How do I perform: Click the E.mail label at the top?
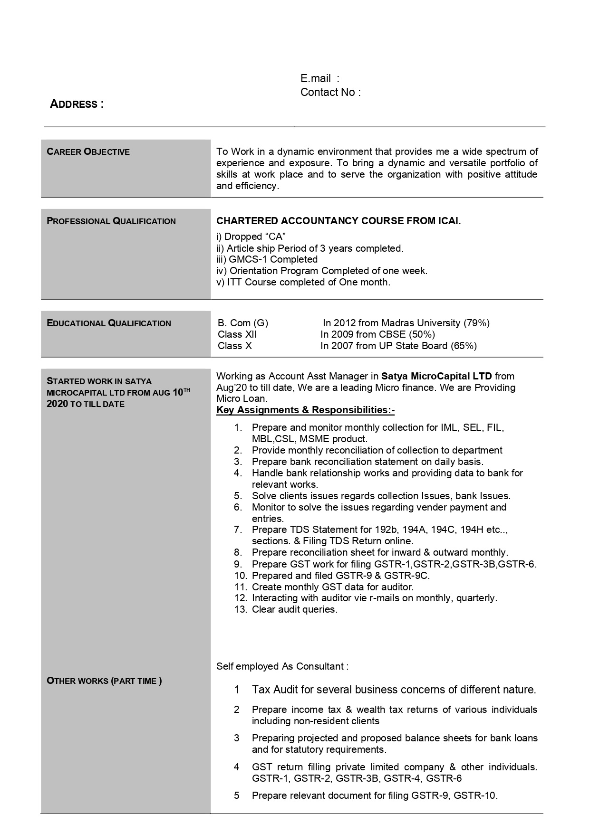[x=316, y=79]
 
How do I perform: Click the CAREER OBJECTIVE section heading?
[x=88, y=152]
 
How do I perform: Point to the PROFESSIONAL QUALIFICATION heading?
[x=111, y=221]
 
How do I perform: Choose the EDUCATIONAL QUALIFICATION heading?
[x=109, y=323]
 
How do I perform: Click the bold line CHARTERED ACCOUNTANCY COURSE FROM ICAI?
[x=339, y=221]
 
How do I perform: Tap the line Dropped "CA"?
[x=251, y=237]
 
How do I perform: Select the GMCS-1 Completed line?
[x=267, y=259]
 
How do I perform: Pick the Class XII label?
[x=237, y=334]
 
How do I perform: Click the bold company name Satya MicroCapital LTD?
[x=436, y=376]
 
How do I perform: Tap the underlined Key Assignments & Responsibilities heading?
[x=305, y=410]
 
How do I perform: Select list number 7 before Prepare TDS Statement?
[x=238, y=530]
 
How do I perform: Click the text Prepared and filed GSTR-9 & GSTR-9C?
[x=340, y=575]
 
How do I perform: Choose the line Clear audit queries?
[x=295, y=609]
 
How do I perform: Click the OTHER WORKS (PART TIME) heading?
[x=104, y=681]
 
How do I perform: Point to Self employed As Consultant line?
[x=282, y=666]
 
